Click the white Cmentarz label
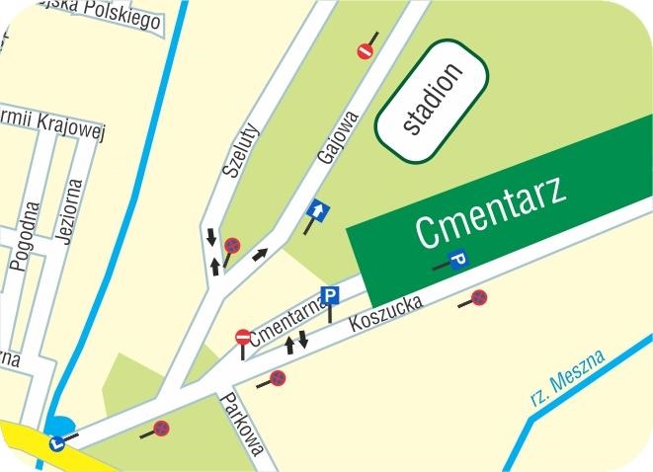[491, 212]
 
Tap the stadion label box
[431, 102]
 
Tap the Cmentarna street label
[288, 324]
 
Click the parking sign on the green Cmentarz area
[458, 259]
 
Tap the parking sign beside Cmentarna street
[331, 295]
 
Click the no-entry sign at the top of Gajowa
[366, 50]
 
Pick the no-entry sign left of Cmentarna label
[243, 338]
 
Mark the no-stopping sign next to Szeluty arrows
[232, 244]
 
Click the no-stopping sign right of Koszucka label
[479, 296]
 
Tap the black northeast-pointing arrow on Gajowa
[260, 255]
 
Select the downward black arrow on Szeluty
[211, 237]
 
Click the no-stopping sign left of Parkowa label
[161, 429]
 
